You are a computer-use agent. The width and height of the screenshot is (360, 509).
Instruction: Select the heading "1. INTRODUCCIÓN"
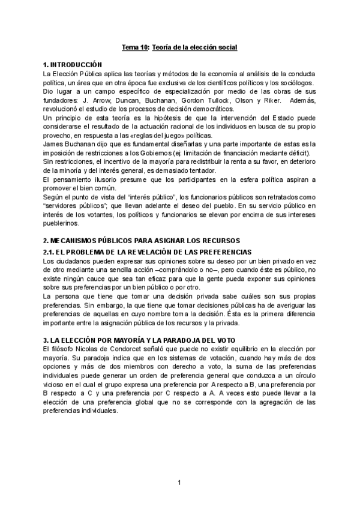(x=73, y=64)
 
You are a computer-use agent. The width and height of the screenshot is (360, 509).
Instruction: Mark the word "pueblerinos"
(x=61, y=224)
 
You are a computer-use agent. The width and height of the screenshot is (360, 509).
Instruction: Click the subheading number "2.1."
(x=50, y=251)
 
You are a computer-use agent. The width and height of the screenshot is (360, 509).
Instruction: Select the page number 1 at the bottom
(x=179, y=483)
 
